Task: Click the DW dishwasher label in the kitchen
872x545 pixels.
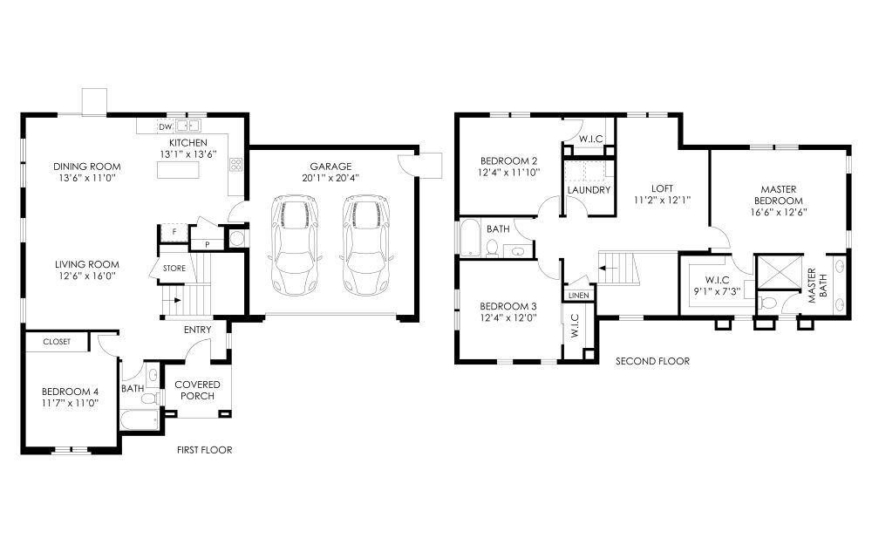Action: [165, 126]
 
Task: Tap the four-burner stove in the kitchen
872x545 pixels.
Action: [235, 164]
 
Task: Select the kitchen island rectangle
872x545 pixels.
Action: [178, 170]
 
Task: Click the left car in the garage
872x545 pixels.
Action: [294, 245]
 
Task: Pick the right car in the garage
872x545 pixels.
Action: [365, 245]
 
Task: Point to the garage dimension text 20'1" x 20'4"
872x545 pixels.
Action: [330, 178]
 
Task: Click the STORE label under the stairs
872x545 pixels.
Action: [174, 268]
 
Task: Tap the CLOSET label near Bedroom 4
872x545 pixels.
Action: [57, 342]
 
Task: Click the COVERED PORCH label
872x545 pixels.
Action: [197, 390]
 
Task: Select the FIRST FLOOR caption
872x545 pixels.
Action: [205, 450]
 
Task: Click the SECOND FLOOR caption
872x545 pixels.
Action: [652, 361]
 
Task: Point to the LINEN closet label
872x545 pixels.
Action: [579, 296]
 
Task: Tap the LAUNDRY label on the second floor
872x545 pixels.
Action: [589, 189]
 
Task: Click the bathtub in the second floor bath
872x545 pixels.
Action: [471, 237]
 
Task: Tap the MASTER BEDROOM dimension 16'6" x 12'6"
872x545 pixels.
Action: [779, 212]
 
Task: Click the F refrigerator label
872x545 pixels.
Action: [174, 231]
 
